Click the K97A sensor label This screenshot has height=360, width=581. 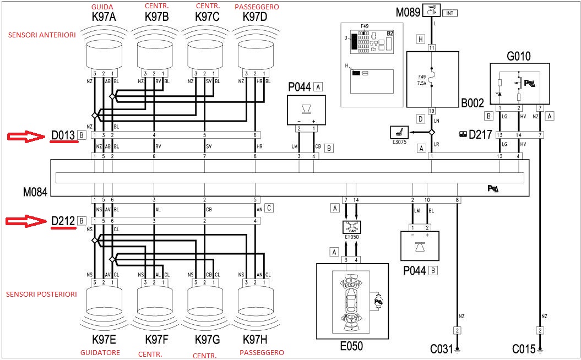pyautogui.click(x=105, y=17)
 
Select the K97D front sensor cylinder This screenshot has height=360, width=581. pyautogui.click(x=256, y=57)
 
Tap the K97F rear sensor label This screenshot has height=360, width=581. pyautogui.click(x=156, y=337)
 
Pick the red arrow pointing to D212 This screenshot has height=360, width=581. pyautogui.click(x=25, y=221)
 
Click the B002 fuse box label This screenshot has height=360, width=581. pyautogui.click(x=473, y=102)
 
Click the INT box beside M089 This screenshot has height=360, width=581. pyautogui.click(x=449, y=12)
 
